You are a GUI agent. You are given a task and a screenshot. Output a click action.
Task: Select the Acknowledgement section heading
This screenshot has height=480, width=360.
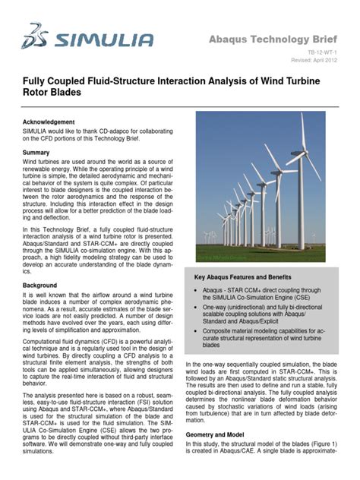click(49, 122)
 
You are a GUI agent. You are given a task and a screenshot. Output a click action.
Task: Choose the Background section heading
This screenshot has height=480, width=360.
click(39, 285)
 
